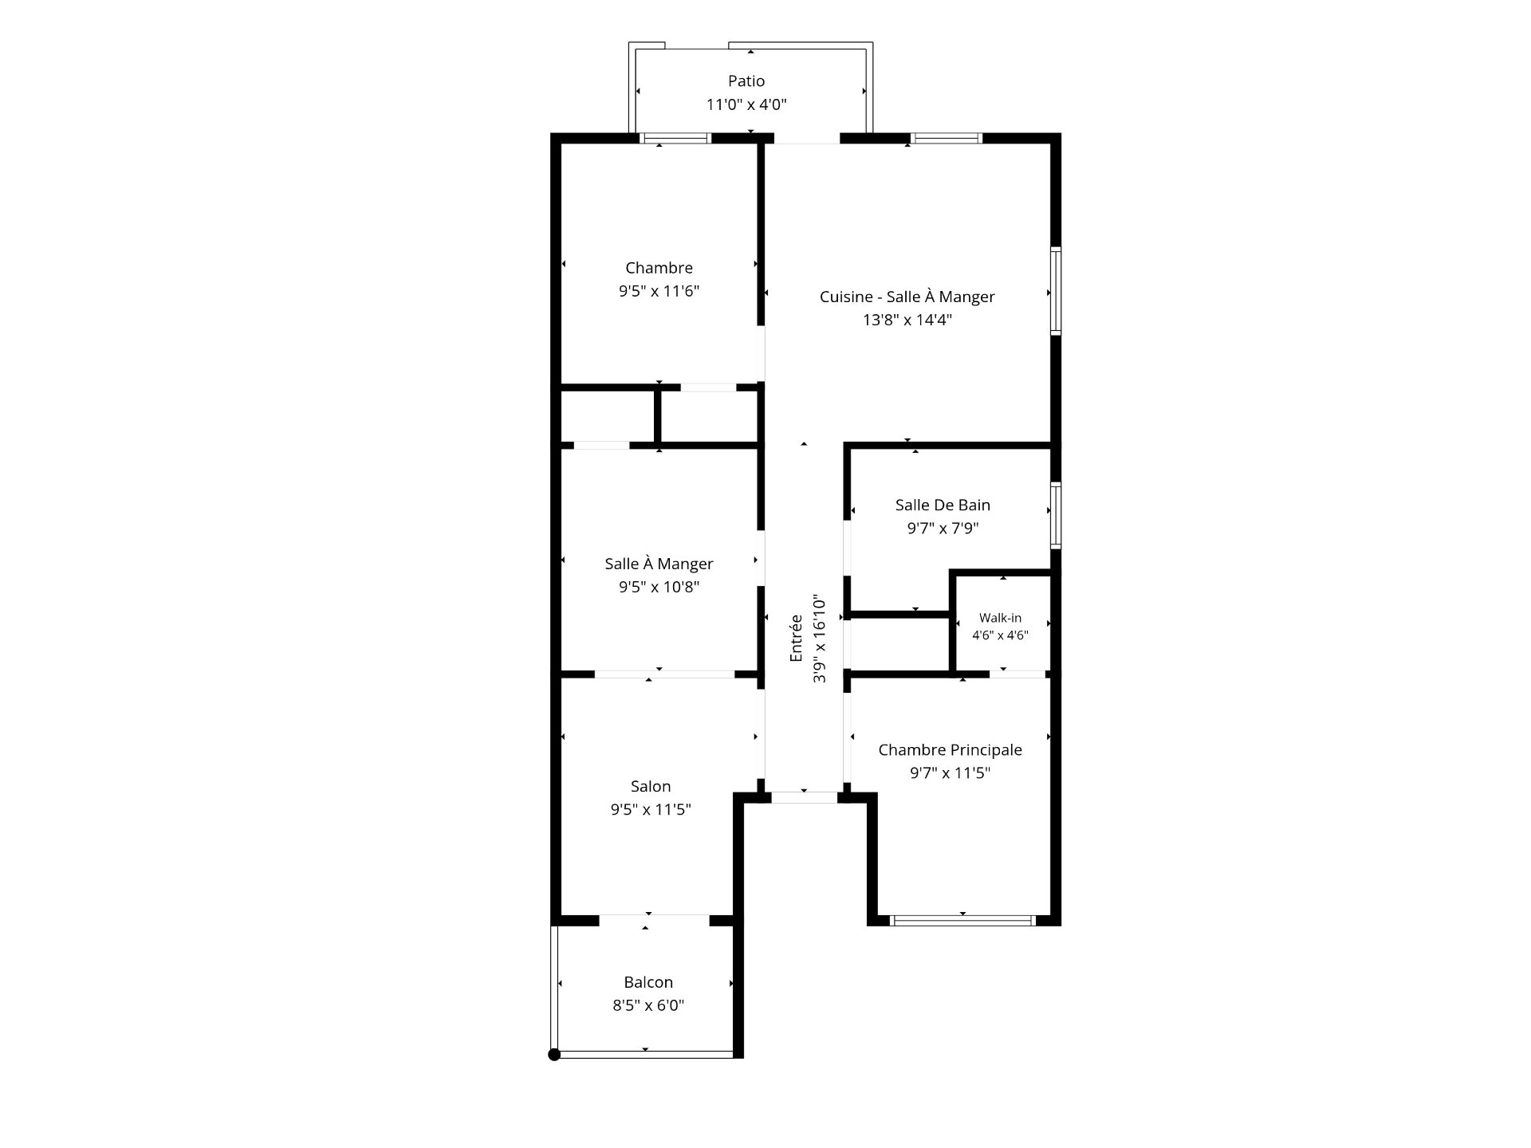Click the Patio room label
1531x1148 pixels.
[x=746, y=81]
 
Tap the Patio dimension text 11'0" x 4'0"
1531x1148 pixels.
[x=746, y=104]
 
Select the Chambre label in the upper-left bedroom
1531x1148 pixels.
[x=659, y=268]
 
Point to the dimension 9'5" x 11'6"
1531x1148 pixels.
[x=659, y=291]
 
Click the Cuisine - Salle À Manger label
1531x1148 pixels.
[x=907, y=297]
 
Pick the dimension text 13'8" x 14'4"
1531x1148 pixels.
[x=907, y=320]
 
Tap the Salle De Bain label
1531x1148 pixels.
[x=943, y=505]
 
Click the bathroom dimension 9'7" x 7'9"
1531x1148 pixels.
[x=943, y=528]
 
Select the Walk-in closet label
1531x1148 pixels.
[x=1000, y=618]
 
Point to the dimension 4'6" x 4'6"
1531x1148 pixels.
[x=1000, y=635]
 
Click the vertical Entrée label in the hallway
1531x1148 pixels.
[x=796, y=638]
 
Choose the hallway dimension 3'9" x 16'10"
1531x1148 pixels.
[x=819, y=638]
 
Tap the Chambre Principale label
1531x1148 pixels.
[x=950, y=749]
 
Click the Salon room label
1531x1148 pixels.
[x=651, y=786]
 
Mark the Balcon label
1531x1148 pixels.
[x=648, y=982]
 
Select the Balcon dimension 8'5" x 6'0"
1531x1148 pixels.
[x=648, y=1005]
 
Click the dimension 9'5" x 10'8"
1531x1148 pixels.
[x=659, y=587]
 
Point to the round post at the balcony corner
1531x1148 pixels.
[x=554, y=1055]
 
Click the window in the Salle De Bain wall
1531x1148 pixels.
[x=1056, y=515]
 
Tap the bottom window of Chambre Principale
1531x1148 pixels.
[x=962, y=921]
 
